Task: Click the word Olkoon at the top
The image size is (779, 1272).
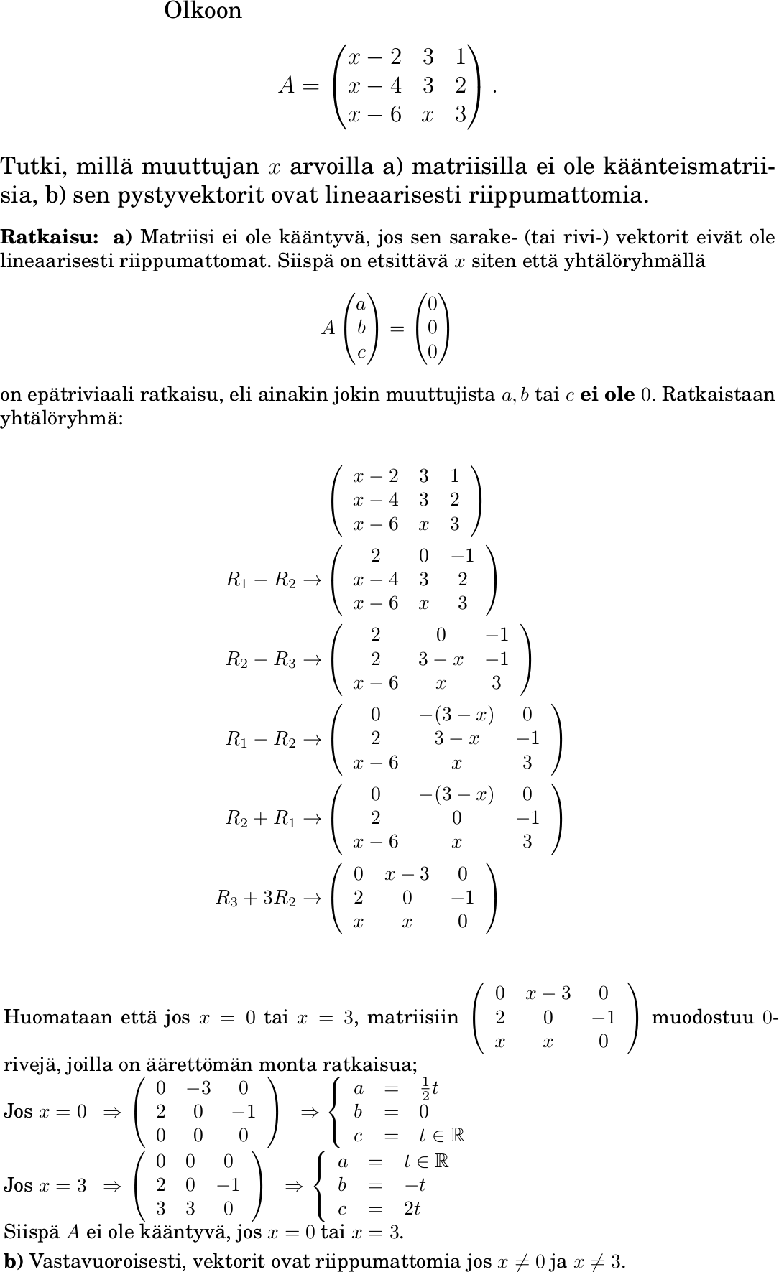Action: click(203, 11)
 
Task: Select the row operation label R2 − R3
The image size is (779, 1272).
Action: click(261, 659)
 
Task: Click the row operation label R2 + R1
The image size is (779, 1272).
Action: click(261, 818)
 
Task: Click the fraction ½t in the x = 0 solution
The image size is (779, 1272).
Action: click(429, 1088)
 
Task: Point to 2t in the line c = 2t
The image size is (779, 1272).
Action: click(412, 1209)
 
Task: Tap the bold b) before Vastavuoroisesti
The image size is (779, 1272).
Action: click(13, 1261)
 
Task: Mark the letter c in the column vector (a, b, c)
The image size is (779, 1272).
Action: click(361, 352)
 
